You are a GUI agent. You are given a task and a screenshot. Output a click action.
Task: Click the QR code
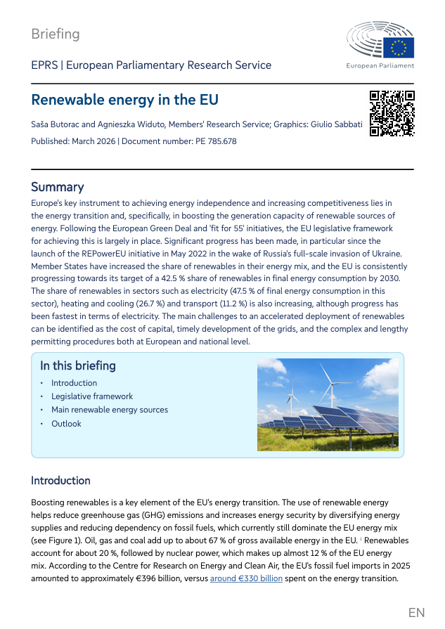click(x=392, y=113)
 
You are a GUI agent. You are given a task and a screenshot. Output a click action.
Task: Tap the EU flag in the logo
click(x=399, y=47)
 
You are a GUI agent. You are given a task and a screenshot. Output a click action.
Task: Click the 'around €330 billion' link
click(x=246, y=578)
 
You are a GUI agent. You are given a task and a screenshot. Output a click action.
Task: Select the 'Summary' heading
click(x=57, y=187)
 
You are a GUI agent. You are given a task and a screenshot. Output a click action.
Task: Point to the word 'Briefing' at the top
click(x=56, y=34)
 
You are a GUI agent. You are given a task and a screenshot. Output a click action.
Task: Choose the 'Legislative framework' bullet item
click(x=92, y=396)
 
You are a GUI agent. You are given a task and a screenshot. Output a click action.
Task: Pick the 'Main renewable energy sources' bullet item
click(x=110, y=410)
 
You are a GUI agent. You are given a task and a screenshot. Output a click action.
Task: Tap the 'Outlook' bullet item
click(x=66, y=424)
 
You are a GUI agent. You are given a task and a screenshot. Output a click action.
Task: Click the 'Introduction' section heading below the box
click(x=60, y=481)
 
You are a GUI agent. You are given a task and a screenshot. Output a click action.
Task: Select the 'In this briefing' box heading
click(x=78, y=365)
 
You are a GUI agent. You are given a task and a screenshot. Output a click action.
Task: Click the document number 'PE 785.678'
click(x=216, y=141)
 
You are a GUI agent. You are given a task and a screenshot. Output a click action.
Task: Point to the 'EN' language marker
click(x=416, y=613)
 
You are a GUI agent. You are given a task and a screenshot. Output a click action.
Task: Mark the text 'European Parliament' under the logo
click(x=380, y=66)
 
